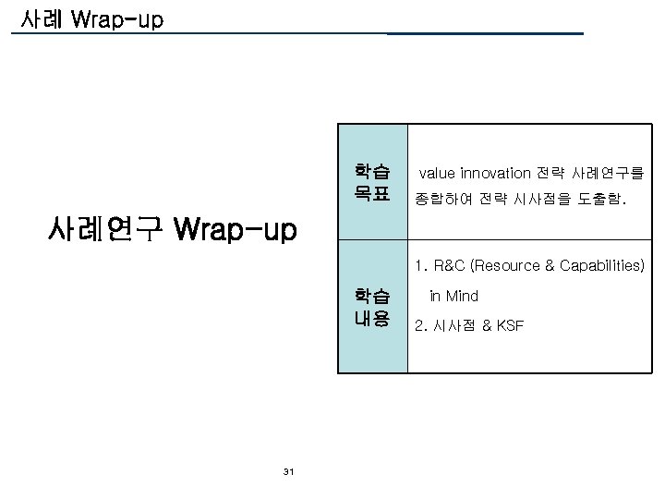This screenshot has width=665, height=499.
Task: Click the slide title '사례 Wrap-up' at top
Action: tap(87, 18)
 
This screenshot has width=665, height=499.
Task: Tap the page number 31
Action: tap(289, 472)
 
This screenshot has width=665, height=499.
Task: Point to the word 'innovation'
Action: tap(495, 173)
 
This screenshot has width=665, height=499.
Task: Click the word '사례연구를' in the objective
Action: tap(612, 173)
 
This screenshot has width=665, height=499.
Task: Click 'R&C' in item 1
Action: tap(450, 267)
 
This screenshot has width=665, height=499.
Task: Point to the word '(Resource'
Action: tap(506, 267)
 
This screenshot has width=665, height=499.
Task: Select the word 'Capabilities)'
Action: tap(600, 267)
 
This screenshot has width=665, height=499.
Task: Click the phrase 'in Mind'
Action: tap(453, 297)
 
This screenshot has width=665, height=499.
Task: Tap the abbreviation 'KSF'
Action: tap(509, 325)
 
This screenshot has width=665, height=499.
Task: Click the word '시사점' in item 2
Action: tap(453, 325)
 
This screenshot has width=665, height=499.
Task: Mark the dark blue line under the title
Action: tap(485, 33)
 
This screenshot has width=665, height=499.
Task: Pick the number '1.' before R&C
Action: tap(421, 267)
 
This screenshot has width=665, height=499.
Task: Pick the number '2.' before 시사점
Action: tap(421, 325)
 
